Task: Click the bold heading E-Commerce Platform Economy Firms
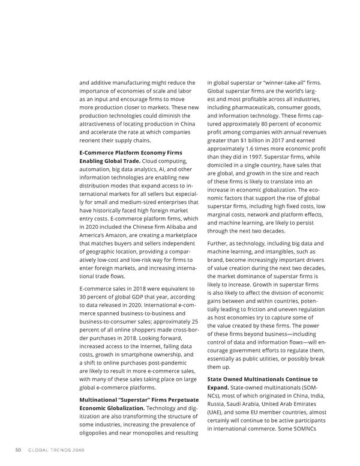pos(131,152)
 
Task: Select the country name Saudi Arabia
pos(247,404)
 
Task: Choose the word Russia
pos(217,404)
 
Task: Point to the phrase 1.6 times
pos(271,149)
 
